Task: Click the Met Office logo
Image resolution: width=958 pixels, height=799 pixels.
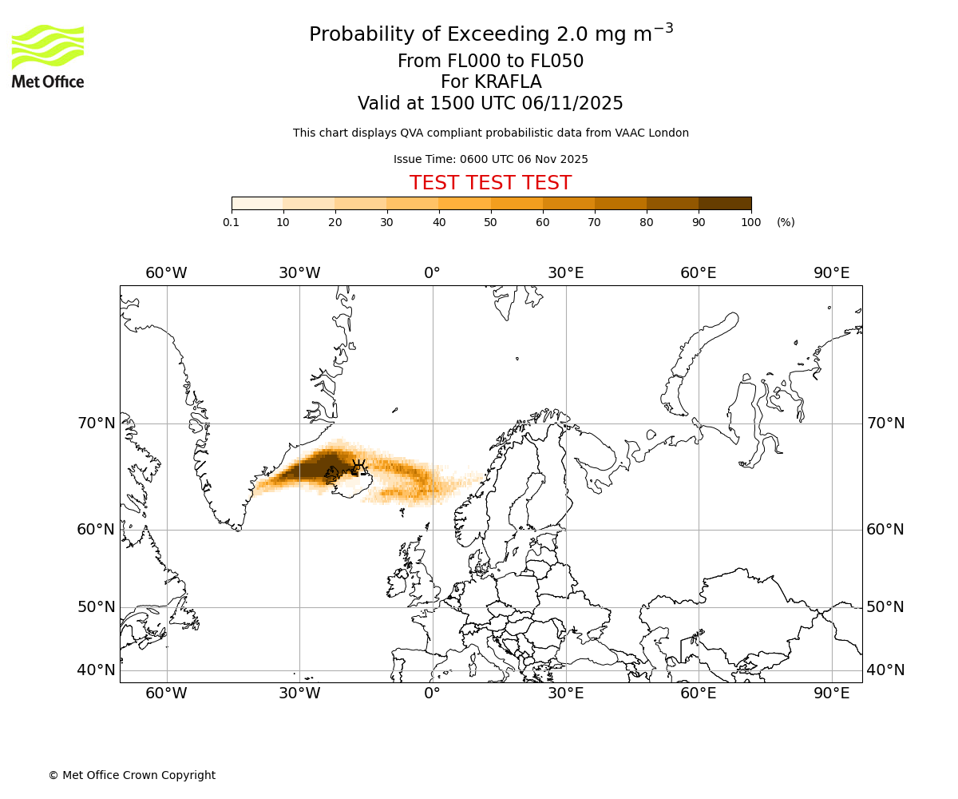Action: coord(48,56)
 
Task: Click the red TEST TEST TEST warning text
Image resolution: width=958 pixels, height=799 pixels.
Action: coord(490,183)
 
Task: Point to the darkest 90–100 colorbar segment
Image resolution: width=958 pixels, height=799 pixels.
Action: coord(724,203)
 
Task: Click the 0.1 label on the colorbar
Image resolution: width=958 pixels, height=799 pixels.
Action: coord(232,222)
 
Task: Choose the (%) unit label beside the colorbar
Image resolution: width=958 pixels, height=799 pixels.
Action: coord(786,222)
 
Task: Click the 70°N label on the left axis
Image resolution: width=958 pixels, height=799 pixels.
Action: coord(96,423)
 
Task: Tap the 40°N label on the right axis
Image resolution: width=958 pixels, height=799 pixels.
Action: coord(885,670)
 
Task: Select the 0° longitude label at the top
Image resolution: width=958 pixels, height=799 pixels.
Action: coord(432,273)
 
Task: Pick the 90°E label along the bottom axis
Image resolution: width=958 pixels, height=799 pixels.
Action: coord(831,694)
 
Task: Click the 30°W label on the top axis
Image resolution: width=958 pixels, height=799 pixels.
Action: coord(299,273)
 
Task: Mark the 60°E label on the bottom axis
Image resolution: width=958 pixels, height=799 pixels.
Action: coord(698,694)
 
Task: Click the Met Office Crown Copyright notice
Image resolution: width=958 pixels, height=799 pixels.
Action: coord(132,775)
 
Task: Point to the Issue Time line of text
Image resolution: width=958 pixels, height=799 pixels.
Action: coord(490,159)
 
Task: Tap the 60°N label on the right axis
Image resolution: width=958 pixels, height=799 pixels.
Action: coord(885,530)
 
